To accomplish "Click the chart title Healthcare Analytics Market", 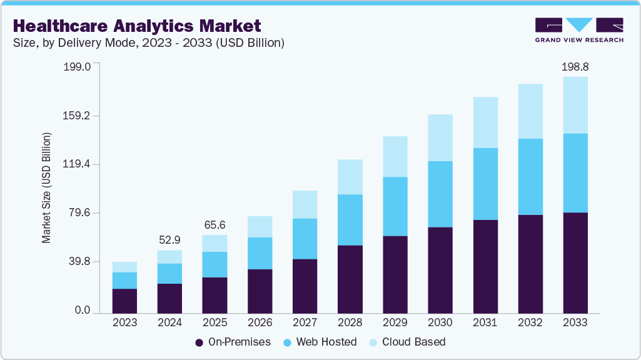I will coord(136,26).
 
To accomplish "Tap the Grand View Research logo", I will coord(579,30).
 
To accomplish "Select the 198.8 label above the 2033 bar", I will coord(575,66).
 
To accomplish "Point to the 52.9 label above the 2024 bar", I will coord(169,239).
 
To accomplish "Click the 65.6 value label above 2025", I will coord(215,224).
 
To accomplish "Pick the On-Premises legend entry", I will coord(233,342).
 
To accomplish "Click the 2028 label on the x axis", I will coord(350,322).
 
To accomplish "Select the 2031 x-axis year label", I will coord(485,322).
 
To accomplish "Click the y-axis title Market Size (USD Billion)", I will coord(46,188).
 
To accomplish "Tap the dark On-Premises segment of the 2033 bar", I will coord(575,262).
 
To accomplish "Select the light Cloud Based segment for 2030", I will coord(440,137).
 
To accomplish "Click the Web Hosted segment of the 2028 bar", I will coord(350,219).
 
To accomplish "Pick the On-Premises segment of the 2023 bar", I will coord(124,301).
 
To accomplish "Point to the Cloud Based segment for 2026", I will coord(260,226).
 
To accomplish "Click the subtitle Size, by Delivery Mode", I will coord(149,43).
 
